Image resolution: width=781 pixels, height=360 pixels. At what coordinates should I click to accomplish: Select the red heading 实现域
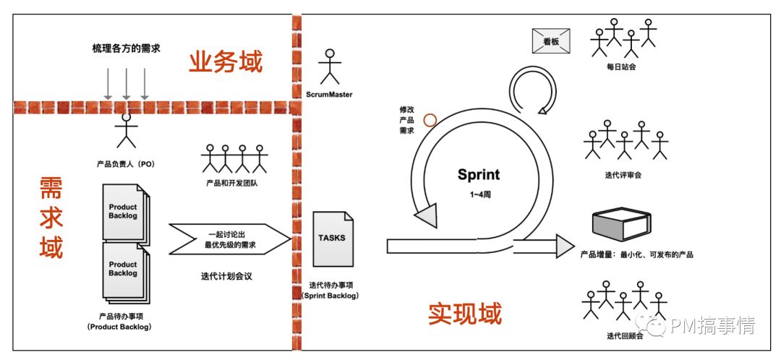pyautogui.click(x=465, y=314)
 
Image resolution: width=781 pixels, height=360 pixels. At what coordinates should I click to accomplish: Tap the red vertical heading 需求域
pyautogui.click(x=51, y=218)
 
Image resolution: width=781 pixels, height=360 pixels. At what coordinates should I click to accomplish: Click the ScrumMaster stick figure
pyautogui.click(x=330, y=67)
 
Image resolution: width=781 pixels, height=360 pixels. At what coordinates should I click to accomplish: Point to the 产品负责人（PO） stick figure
pyautogui.click(x=127, y=131)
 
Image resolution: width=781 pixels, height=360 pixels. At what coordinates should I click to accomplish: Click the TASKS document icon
pyautogui.click(x=333, y=239)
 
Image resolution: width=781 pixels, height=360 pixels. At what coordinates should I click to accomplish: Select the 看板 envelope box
pyautogui.click(x=551, y=41)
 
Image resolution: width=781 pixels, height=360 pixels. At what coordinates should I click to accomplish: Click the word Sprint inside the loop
pyautogui.click(x=478, y=174)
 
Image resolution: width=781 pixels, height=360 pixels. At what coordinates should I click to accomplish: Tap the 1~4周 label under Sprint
pyautogui.click(x=478, y=195)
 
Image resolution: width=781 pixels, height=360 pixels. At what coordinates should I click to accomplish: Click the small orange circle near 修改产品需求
pyautogui.click(x=430, y=120)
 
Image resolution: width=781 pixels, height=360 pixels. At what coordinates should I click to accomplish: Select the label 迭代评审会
pyautogui.click(x=623, y=174)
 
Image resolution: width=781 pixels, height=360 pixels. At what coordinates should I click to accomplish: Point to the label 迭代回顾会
pyautogui.click(x=623, y=335)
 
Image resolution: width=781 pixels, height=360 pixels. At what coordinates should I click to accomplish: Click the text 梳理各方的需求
pyautogui.click(x=126, y=48)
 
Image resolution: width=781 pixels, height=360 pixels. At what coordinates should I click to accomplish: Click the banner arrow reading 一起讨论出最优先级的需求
pyautogui.click(x=228, y=239)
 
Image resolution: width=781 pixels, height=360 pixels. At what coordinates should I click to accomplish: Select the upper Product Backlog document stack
pyautogui.click(x=124, y=212)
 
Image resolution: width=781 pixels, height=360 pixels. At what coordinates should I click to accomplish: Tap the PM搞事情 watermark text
pyautogui.click(x=712, y=326)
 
